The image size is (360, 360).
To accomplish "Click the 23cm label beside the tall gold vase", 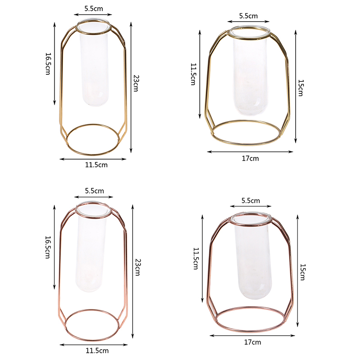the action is pyautogui.click(x=136, y=83).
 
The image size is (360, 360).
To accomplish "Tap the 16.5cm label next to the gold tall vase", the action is pyautogui.click(x=48, y=64).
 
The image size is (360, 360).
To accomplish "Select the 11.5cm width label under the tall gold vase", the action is pyautogui.click(x=96, y=165).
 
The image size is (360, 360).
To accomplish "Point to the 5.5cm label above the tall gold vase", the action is pyautogui.click(x=94, y=9).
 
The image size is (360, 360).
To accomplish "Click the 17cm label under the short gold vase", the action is pyautogui.click(x=250, y=158).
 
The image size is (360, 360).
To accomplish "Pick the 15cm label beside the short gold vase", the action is pyautogui.click(x=301, y=88).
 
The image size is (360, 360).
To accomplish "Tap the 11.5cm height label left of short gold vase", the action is pyautogui.click(x=193, y=74).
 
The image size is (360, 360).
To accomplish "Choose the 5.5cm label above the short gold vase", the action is pyautogui.click(x=248, y=16).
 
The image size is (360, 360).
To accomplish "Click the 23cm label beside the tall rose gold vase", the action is pyautogui.click(x=138, y=267).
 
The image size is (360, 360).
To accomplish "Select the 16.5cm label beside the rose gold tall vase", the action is pyautogui.click(x=48, y=247).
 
